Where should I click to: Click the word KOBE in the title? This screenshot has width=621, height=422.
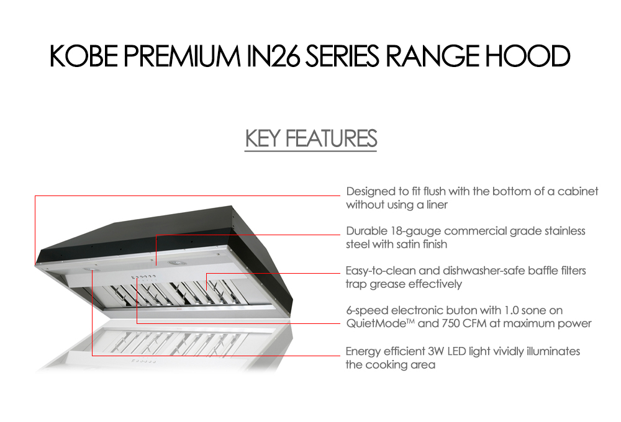click(x=84, y=56)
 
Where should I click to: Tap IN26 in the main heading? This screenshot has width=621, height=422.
click(x=273, y=56)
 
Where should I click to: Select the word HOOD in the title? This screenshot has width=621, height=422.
click(x=528, y=56)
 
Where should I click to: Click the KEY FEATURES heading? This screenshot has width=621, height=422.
click(x=311, y=138)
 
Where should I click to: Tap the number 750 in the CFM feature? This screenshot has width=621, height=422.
click(x=451, y=323)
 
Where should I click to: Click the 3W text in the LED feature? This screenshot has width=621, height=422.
click(x=436, y=351)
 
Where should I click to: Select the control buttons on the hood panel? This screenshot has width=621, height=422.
click(x=143, y=277)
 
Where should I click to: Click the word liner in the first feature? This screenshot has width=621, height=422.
click(x=437, y=205)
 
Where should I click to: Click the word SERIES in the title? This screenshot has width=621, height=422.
click(x=342, y=56)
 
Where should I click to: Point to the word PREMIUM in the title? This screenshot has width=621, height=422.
click(x=182, y=56)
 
